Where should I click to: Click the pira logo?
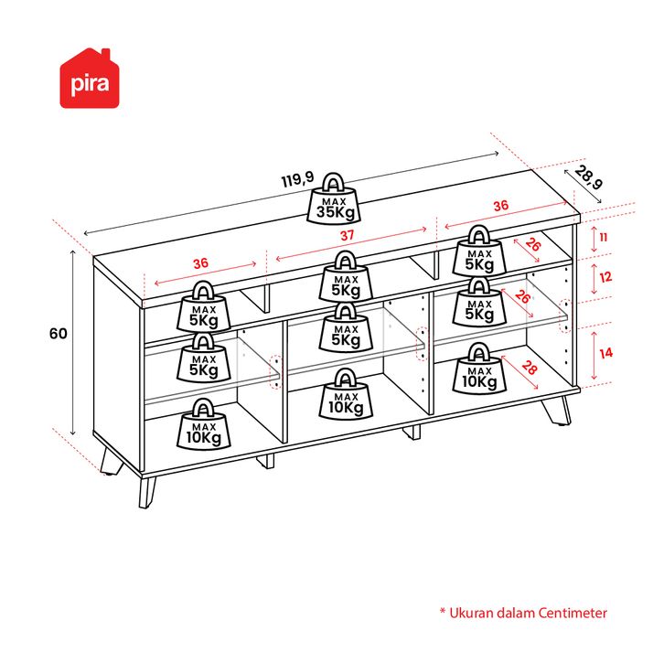(91, 80)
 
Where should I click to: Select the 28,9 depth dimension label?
(590, 178)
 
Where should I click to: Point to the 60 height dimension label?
(59, 334)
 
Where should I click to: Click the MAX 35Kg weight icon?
(337, 198)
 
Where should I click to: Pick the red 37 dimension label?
(347, 235)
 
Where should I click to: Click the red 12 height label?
(605, 275)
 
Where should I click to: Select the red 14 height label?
(605, 352)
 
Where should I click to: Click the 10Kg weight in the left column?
(204, 423)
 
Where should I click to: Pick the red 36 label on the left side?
(200, 263)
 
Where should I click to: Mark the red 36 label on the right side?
(500, 207)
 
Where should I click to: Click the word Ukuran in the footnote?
(471, 613)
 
